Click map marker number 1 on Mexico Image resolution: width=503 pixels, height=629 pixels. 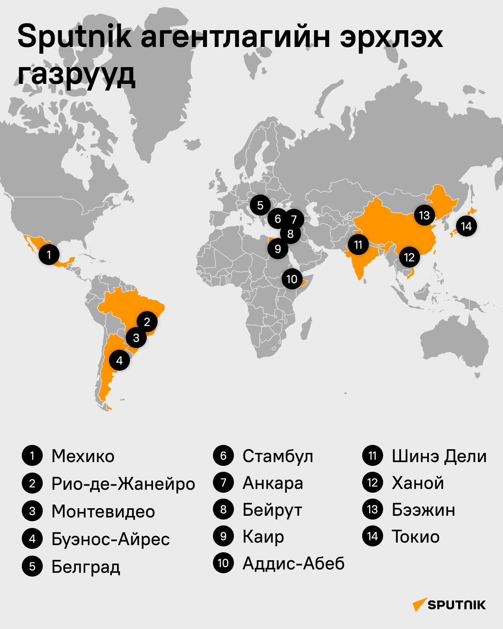pos(49,254)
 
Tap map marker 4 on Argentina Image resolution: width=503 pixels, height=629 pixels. pos(119,361)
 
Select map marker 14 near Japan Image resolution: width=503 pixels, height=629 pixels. pos(466,226)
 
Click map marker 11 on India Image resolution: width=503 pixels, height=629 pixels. pos(358,244)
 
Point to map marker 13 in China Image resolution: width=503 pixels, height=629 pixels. pos(424,216)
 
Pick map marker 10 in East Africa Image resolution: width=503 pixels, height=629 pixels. pos(292,279)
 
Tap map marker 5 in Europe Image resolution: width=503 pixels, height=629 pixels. pos(260,205)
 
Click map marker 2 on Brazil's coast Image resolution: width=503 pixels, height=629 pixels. pos(147,322)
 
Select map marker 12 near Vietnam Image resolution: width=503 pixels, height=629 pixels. pos(409,257)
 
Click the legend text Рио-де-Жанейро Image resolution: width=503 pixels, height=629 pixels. pos(123,484)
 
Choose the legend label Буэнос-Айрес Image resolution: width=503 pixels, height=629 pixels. pos(111,539)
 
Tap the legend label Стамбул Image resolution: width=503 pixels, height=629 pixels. pos(277,456)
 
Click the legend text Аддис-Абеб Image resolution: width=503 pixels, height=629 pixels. pos(293,564)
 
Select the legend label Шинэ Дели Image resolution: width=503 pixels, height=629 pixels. pos(439,456)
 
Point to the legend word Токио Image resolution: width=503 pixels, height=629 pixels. pos(415,537)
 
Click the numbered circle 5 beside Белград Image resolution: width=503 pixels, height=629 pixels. pos(32,567)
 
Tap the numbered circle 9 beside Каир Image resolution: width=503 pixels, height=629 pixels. pos(223,536)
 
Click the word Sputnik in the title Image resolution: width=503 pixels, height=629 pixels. pos(74,37)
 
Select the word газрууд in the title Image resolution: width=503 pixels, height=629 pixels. pos(76,75)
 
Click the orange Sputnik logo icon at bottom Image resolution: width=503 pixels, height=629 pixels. pos(420,604)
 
